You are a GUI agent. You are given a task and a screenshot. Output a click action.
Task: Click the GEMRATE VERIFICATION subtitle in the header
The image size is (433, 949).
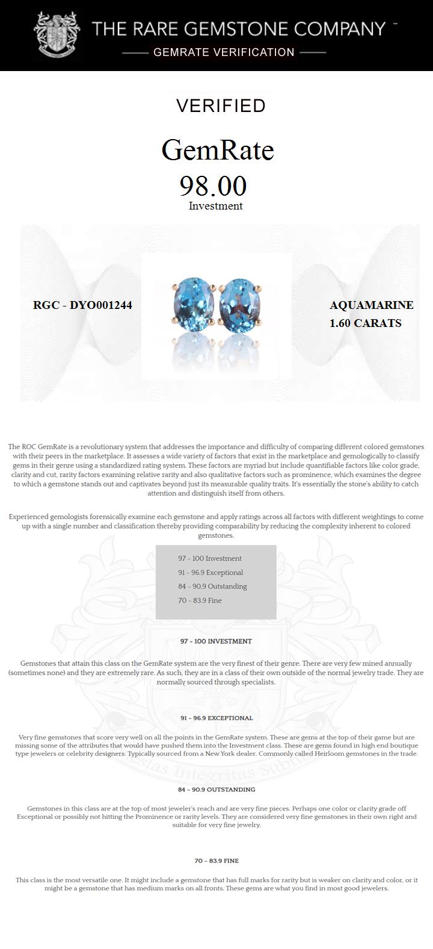pyautogui.click(x=224, y=52)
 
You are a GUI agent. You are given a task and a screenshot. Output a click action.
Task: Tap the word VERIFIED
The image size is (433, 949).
pyautogui.click(x=221, y=106)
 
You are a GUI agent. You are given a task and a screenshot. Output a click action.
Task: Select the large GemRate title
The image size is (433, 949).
pyautogui.click(x=218, y=150)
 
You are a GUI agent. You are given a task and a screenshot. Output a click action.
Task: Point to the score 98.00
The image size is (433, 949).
pyautogui.click(x=213, y=186)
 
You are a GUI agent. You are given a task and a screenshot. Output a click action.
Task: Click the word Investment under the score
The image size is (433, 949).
pyautogui.click(x=215, y=206)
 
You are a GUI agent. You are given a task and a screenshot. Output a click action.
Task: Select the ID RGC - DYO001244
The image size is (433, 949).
pyautogui.click(x=82, y=305)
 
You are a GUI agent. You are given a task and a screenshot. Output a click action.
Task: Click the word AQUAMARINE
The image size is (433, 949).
pyautogui.click(x=371, y=305)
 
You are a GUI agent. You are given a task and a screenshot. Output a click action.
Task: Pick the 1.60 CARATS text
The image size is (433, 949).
pyautogui.click(x=365, y=323)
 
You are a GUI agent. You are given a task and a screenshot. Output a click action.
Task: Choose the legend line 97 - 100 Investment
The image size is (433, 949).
pyautogui.click(x=209, y=559)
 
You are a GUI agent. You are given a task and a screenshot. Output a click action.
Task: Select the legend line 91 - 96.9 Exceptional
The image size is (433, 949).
pyautogui.click(x=210, y=573)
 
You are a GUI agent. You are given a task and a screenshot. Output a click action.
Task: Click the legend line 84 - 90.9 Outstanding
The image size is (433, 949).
pyautogui.click(x=212, y=587)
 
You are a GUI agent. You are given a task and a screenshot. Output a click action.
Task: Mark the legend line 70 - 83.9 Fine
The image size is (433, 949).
pyautogui.click(x=200, y=600)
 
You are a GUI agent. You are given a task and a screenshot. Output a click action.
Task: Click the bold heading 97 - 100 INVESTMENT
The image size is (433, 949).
pyautogui.click(x=216, y=641)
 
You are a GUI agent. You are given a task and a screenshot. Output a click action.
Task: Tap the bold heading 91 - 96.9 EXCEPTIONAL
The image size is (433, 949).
pyautogui.click(x=216, y=718)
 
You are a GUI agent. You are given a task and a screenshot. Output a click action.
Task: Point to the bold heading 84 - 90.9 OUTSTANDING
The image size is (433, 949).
pyautogui.click(x=216, y=789)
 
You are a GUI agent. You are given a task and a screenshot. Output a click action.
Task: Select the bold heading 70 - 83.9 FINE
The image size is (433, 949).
pyautogui.click(x=216, y=861)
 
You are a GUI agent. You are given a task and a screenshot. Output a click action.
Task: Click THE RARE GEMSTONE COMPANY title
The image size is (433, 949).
pyautogui.click(x=238, y=29)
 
